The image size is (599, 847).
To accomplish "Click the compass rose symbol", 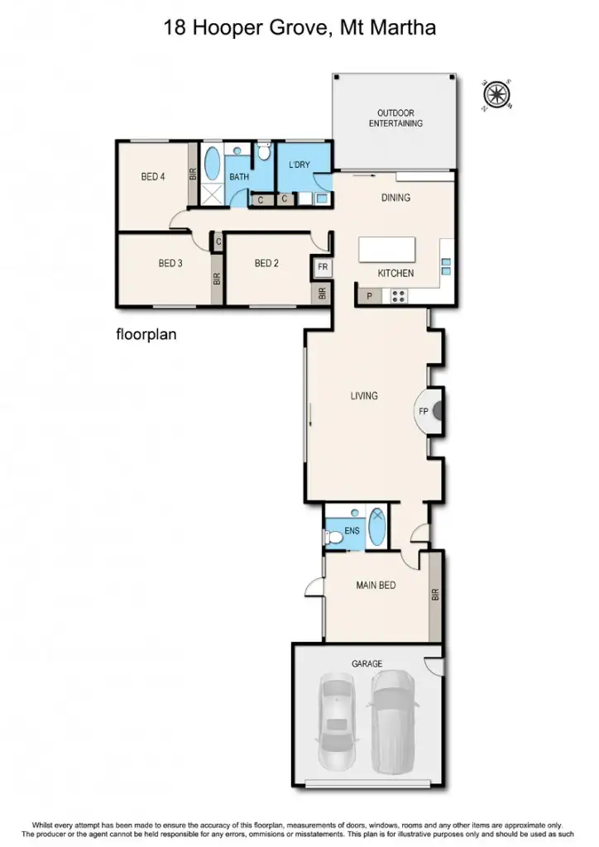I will click(496, 94).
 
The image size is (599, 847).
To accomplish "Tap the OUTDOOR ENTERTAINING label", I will click(395, 118).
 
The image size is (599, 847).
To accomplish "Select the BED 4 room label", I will click(153, 176).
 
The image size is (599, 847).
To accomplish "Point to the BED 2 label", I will click(266, 264).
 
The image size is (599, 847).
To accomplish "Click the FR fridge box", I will click(322, 268).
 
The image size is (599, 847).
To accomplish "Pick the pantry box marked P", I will click(369, 294).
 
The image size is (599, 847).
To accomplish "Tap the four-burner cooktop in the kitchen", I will click(397, 294).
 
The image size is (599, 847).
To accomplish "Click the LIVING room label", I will click(364, 396).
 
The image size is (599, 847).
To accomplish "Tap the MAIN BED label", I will click(376, 586).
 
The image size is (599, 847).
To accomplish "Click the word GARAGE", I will click(366, 663).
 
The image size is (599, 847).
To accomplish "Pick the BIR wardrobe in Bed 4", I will click(193, 174).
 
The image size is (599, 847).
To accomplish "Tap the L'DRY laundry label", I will click(299, 165).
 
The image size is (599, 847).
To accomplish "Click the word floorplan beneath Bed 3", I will click(146, 336).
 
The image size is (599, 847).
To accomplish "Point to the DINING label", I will click(395, 198).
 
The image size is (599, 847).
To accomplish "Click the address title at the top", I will click(299, 29).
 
